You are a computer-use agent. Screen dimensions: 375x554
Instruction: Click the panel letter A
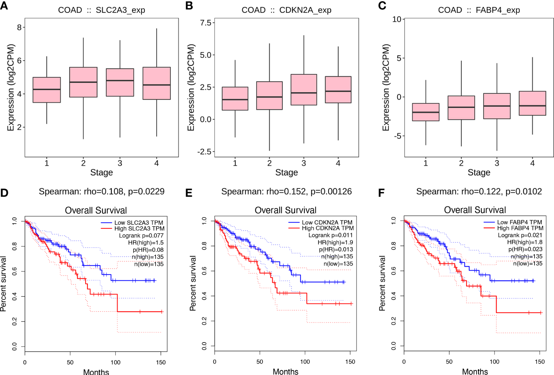click(4, 5)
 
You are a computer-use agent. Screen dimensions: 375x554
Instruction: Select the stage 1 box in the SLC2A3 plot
click(46, 90)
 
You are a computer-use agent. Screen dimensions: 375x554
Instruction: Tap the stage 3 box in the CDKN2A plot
click(304, 90)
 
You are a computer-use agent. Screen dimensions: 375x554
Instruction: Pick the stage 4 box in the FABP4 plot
click(532, 103)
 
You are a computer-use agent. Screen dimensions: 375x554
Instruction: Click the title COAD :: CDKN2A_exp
click(286, 10)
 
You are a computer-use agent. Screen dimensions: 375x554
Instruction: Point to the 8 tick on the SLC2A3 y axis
click(19, 27)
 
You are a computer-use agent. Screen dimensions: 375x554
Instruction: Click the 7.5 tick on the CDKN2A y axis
click(206, 23)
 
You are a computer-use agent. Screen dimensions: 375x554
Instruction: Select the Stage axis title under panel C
click(479, 172)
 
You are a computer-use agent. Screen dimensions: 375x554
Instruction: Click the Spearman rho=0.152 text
click(286, 192)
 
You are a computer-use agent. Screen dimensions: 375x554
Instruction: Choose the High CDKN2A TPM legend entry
click(327, 228)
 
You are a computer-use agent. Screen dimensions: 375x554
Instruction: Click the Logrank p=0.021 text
click(520, 235)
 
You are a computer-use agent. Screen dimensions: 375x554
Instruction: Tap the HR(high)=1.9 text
click(335, 242)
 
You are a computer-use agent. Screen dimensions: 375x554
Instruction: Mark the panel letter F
click(381, 193)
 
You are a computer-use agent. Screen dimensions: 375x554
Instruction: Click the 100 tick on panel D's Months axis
click(115, 362)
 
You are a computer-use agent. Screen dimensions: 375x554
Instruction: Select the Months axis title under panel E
click(286, 371)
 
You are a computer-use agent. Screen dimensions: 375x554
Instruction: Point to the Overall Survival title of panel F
click(475, 210)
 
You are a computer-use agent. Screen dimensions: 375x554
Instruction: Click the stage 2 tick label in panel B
click(269, 163)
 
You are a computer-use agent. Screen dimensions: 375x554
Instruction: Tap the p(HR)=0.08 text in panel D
click(148, 250)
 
